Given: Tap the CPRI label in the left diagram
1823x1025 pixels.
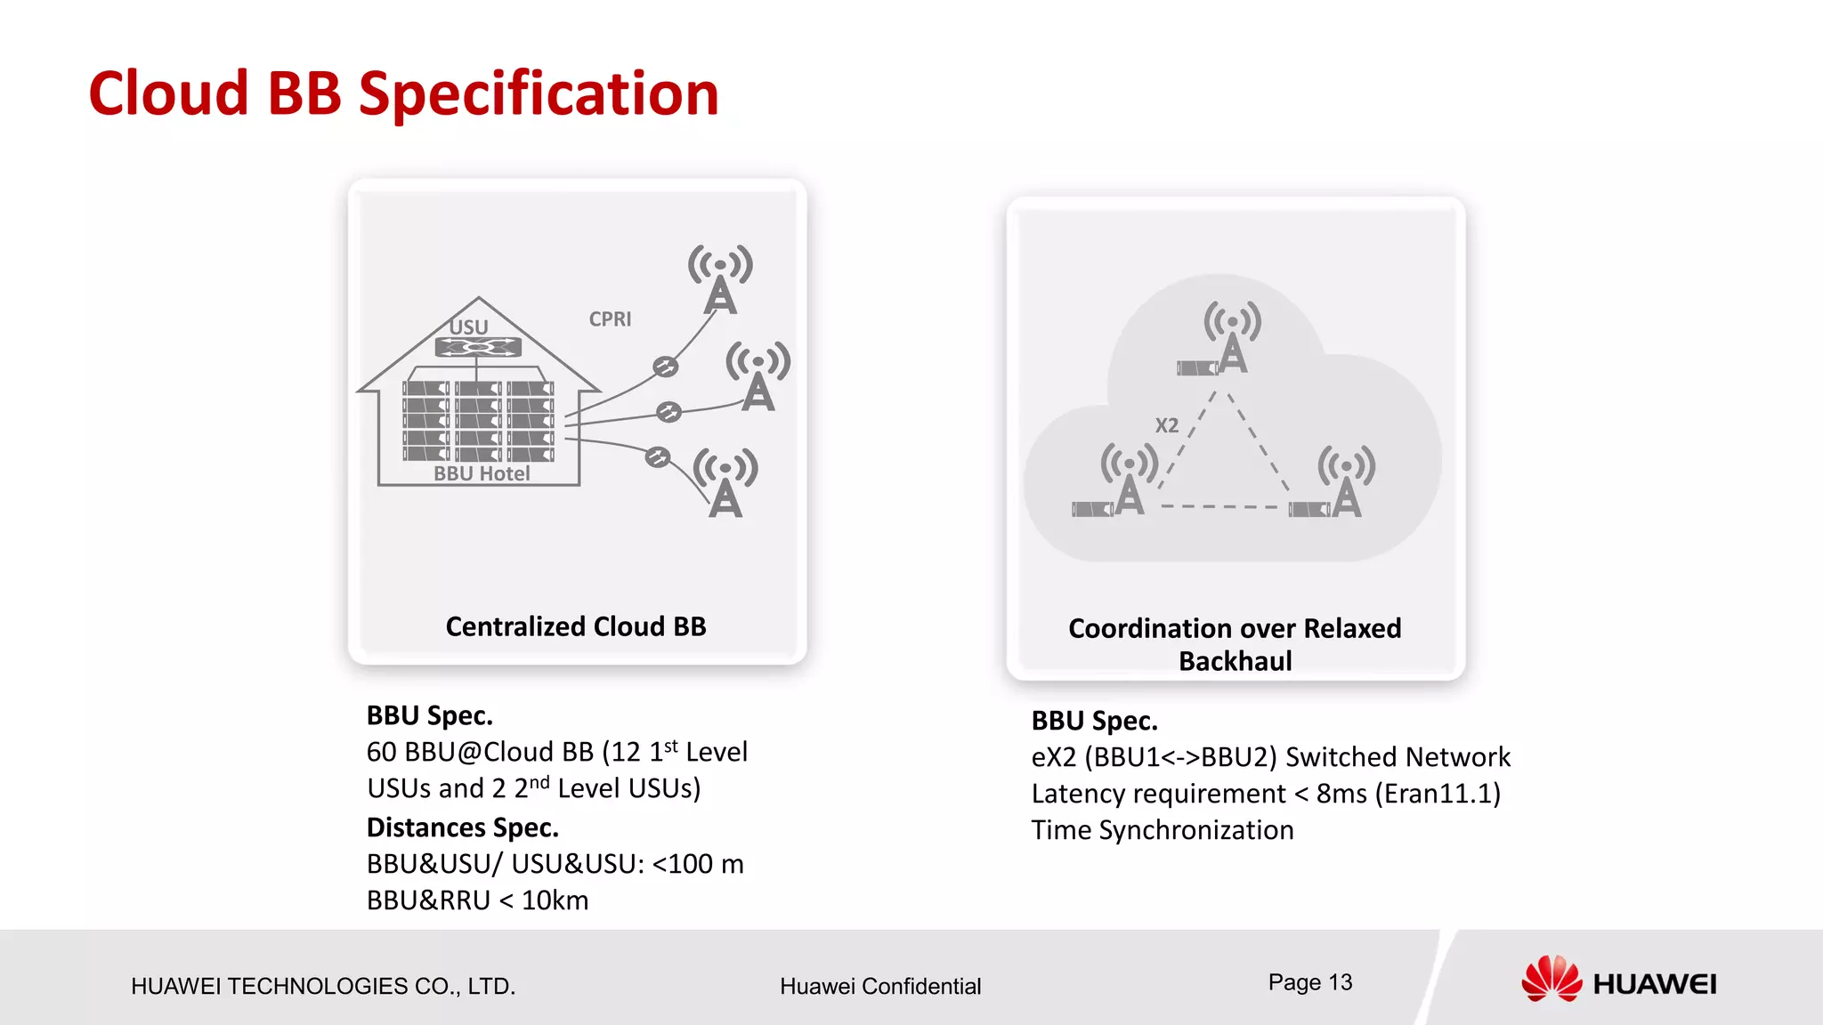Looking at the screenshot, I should coord(610,319).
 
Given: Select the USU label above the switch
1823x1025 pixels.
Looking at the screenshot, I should coord(468,327).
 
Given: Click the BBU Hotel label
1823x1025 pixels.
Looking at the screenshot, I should coord(482,473).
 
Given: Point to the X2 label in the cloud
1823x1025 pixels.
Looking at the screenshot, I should coord(1166,425).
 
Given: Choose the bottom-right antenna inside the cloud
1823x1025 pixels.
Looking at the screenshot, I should coord(1346,482).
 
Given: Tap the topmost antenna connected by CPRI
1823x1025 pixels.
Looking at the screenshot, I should coord(720,279).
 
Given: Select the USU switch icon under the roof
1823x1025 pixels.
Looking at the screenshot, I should coord(478,347).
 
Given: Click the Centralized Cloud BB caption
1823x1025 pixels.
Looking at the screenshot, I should coord(576,626).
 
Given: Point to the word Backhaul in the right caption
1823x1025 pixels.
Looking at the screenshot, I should coord(1235,661).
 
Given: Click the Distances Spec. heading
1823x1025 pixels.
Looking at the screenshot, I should coord(463,827).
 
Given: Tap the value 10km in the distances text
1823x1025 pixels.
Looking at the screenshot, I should coord(555,900).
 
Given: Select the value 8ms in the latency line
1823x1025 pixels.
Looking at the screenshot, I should coord(1341,793).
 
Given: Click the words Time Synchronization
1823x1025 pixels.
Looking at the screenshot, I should coord(1163,830).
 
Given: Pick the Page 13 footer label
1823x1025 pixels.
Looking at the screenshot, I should coord(1309,982).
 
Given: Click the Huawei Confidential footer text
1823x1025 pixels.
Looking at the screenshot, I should coord(880,986).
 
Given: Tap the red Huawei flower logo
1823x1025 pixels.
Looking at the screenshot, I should coord(1552,979).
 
